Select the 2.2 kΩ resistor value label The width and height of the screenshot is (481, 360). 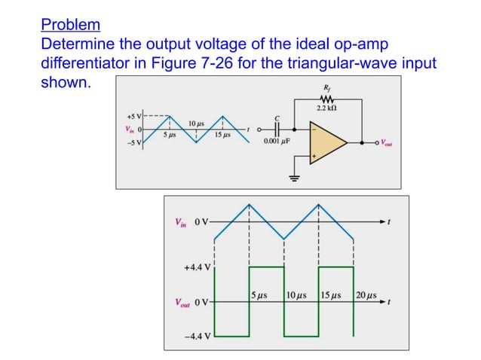[327, 110]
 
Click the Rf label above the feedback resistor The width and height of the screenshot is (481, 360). [325, 88]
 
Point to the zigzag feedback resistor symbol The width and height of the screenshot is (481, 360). [326, 99]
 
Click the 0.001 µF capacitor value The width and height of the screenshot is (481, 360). [277, 141]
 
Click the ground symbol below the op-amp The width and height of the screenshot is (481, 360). [295, 178]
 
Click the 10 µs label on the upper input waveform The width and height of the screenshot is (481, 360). [196, 121]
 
